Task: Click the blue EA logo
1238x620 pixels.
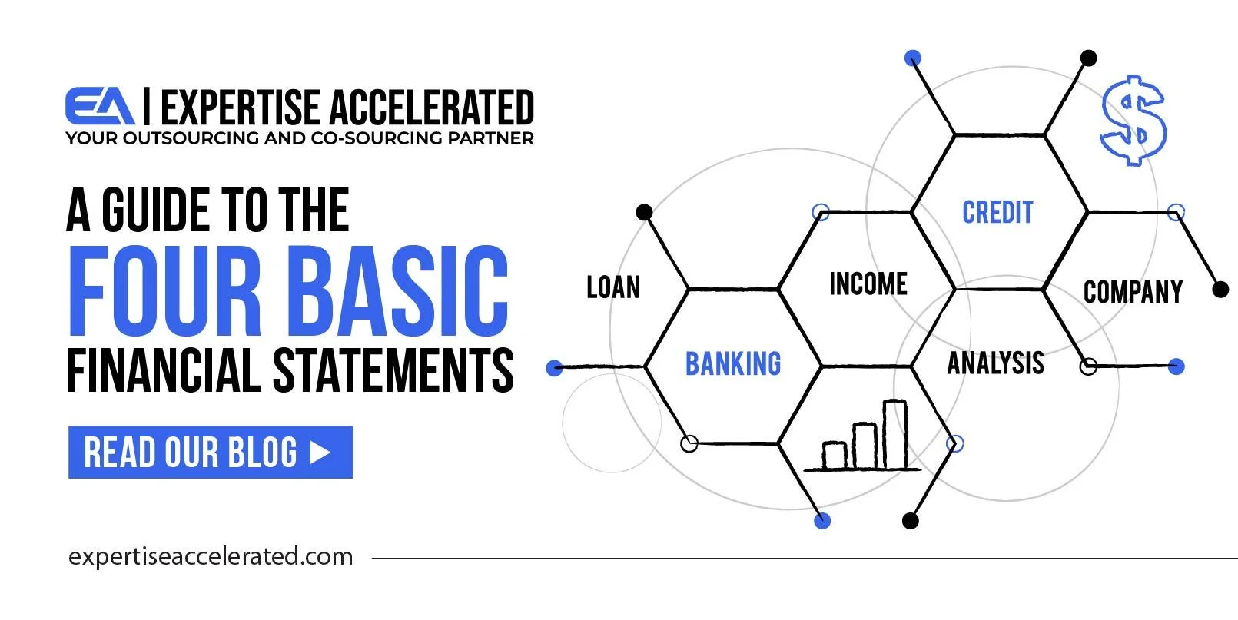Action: [99, 106]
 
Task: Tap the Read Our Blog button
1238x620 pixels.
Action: [211, 452]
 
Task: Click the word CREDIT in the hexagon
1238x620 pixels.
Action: [997, 212]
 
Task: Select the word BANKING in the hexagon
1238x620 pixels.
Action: [733, 363]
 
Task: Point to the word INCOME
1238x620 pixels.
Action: [868, 283]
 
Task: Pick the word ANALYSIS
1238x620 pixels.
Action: [995, 363]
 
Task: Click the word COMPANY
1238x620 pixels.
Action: [1133, 292]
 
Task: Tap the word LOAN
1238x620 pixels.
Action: [613, 287]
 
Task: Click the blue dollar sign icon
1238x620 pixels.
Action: [1133, 121]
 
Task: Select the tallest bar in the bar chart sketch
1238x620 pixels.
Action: [894, 435]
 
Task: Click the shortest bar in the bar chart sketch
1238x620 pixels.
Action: [835, 456]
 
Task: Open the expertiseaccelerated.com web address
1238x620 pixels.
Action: [211, 556]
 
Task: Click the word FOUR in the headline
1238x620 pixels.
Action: [164, 290]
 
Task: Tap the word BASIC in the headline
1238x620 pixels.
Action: [397, 290]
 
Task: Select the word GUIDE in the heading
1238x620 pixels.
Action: [155, 210]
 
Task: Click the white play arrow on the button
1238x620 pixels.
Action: [320, 452]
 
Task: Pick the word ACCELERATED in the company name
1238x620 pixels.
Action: [432, 107]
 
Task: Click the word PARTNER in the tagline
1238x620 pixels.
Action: [491, 138]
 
